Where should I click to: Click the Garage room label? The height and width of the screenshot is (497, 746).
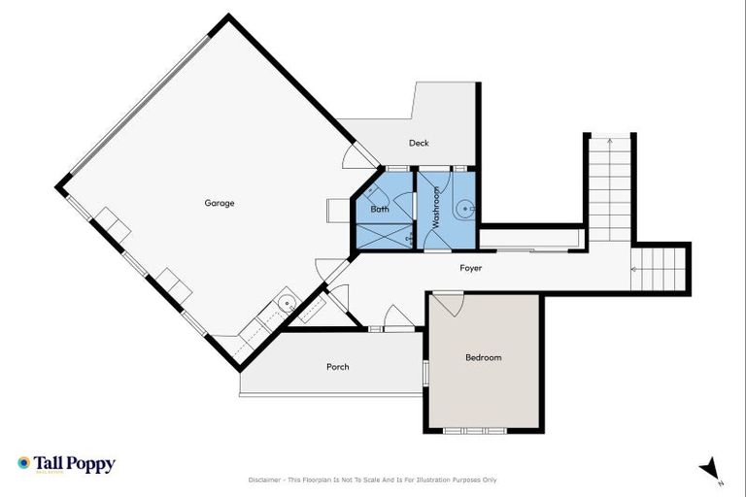click(219, 203)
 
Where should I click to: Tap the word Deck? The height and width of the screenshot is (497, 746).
click(419, 144)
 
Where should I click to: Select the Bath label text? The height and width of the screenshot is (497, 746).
click(379, 209)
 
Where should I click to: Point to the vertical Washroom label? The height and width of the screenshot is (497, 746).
click(436, 207)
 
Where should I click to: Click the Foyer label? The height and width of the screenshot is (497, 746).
click(470, 268)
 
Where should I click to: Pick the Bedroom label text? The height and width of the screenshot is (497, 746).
click(483, 358)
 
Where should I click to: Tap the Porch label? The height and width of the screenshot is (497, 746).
click(337, 367)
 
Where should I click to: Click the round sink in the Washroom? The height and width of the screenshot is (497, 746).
click(467, 207)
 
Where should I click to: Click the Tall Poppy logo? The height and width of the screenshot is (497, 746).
click(66, 464)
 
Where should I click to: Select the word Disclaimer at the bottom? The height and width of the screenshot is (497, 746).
click(264, 480)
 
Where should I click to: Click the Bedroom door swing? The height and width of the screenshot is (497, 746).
click(448, 303)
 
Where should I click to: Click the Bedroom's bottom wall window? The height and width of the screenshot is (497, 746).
click(483, 429)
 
